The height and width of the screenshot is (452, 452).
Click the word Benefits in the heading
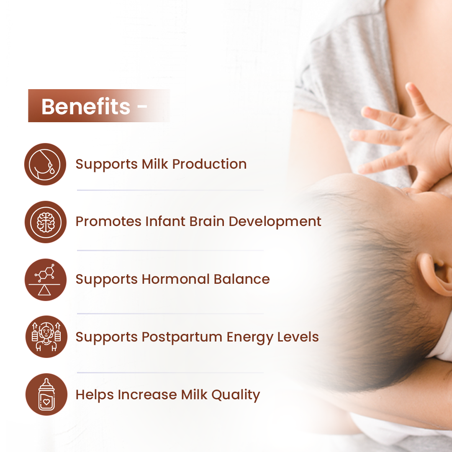click(x=86, y=106)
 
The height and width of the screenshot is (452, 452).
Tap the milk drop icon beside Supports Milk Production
click(x=45, y=164)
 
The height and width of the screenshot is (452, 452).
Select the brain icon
click(x=45, y=222)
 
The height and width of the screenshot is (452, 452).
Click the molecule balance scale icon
click(x=45, y=280)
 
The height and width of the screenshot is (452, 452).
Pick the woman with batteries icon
click(x=45, y=337)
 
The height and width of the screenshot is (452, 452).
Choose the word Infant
click(x=165, y=221)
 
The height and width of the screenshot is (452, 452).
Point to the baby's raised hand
click(x=402, y=134)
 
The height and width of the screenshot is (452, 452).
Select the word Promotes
click(x=109, y=221)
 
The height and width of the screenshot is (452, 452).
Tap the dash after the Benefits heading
click(x=142, y=108)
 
